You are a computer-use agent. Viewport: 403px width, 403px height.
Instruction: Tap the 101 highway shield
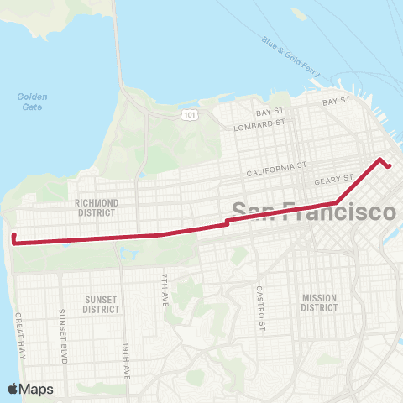[192, 113]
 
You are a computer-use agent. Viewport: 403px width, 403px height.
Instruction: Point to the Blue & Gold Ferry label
[290, 56]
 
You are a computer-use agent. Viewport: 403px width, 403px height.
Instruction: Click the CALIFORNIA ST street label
[277, 173]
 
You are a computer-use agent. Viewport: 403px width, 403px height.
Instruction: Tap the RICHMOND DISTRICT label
[97, 207]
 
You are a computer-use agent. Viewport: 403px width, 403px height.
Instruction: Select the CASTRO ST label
[261, 307]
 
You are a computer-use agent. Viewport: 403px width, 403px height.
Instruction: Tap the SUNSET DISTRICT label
[101, 304]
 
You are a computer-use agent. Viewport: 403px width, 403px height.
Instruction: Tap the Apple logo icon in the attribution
[13, 389]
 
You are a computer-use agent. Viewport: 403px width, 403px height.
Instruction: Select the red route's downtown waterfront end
[390, 165]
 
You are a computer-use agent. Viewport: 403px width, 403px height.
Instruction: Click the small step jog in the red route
[227, 222]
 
